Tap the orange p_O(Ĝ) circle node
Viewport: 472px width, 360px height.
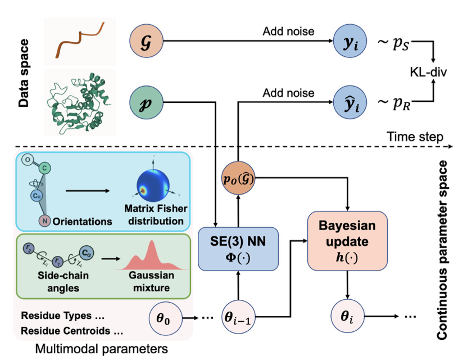(x=237, y=180)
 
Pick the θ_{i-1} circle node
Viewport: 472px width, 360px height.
(x=237, y=318)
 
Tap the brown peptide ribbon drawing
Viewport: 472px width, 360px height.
(x=79, y=39)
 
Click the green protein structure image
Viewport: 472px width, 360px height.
(x=79, y=104)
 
